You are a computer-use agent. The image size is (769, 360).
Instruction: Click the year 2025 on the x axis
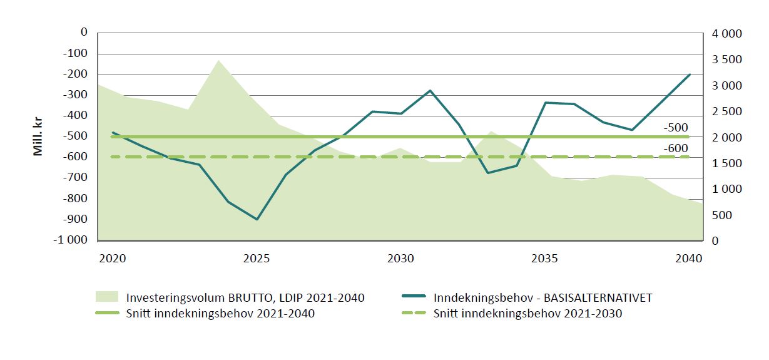click(x=257, y=259)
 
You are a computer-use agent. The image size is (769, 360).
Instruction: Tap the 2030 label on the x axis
click(x=400, y=259)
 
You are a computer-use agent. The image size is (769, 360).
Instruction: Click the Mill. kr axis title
click(x=39, y=135)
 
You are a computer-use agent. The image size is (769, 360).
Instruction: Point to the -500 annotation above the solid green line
click(x=676, y=128)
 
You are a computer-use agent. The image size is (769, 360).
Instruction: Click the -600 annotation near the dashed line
click(x=676, y=148)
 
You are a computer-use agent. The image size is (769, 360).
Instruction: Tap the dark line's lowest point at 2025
click(x=257, y=219)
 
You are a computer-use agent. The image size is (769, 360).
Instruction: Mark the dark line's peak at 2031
click(x=430, y=90)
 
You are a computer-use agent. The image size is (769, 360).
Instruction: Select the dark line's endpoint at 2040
click(x=689, y=75)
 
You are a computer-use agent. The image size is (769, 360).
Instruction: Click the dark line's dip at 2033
click(x=487, y=173)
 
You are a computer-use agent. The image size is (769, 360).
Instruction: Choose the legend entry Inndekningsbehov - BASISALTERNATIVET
click(x=542, y=297)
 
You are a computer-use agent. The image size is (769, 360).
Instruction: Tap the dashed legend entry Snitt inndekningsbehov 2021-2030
click(x=527, y=314)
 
